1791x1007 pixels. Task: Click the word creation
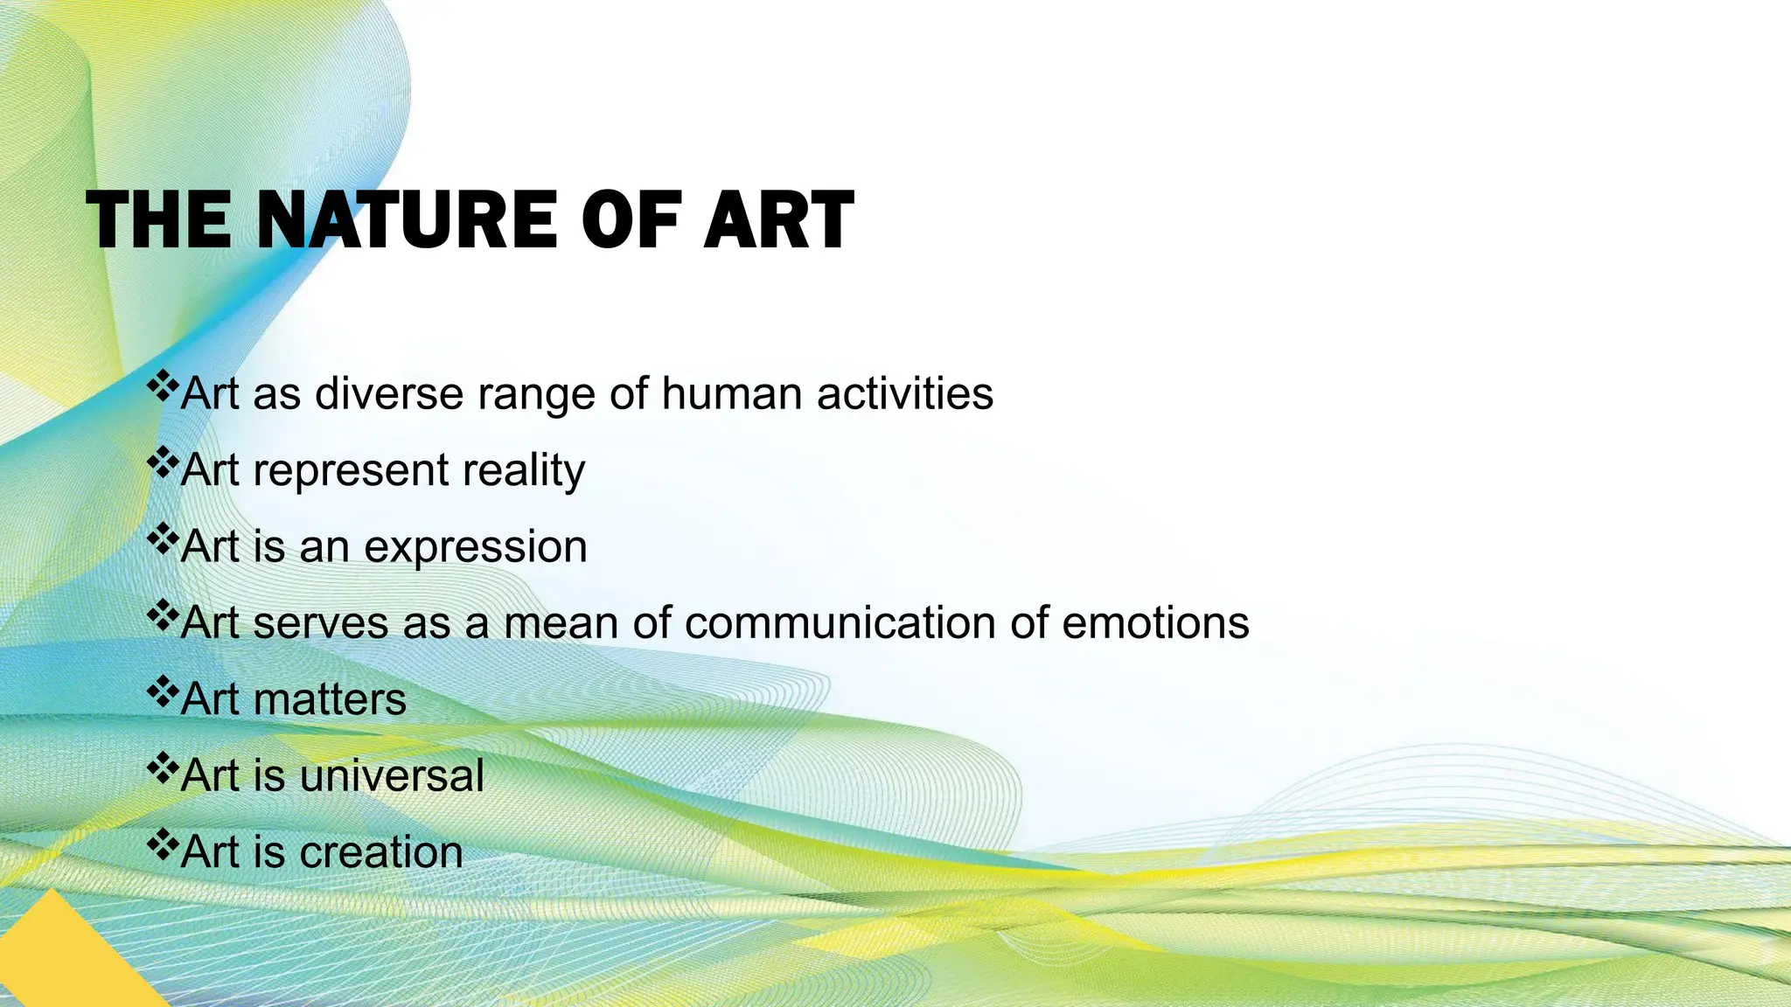(x=381, y=852)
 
